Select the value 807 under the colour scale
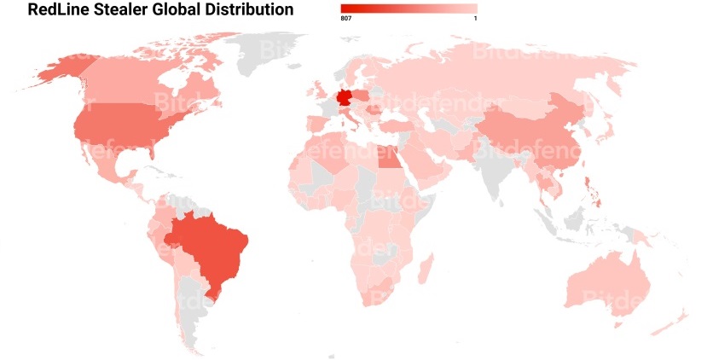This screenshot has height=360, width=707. [x=346, y=18]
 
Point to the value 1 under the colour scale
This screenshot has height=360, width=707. [x=474, y=18]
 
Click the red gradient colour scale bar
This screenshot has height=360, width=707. [x=409, y=8]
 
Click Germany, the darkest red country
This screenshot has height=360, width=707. [x=346, y=100]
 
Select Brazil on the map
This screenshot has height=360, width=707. [x=213, y=248]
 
